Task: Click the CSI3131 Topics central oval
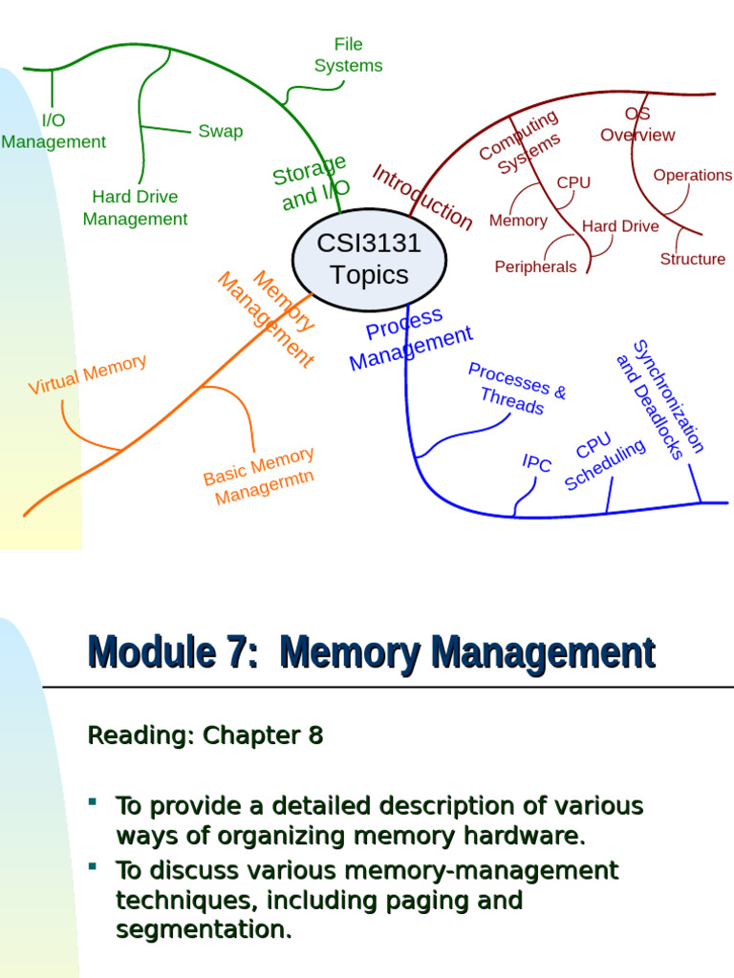pyautogui.click(x=369, y=260)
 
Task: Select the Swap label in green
pyautogui.click(x=220, y=131)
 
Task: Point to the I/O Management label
pyautogui.click(x=54, y=131)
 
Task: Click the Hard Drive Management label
pyautogui.click(x=135, y=207)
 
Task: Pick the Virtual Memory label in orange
pyautogui.click(x=87, y=374)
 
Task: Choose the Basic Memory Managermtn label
pyautogui.click(x=260, y=477)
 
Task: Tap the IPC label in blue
pyautogui.click(x=537, y=463)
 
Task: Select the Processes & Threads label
pyautogui.click(x=516, y=388)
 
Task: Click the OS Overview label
pyautogui.click(x=637, y=125)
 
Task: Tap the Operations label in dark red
pyautogui.click(x=692, y=175)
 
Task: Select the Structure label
pyautogui.click(x=692, y=259)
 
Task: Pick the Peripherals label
pyautogui.click(x=535, y=266)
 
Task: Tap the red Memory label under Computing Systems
pyautogui.click(x=518, y=221)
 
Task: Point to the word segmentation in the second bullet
pyautogui.click(x=204, y=929)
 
